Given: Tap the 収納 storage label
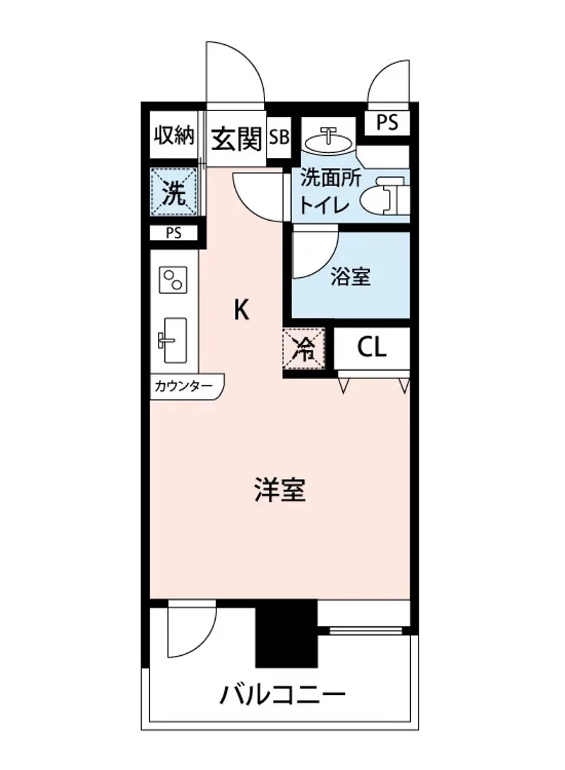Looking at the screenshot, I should tap(174, 135).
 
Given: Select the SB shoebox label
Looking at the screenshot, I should tap(279, 137).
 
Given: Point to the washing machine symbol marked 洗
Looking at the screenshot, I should tap(174, 192).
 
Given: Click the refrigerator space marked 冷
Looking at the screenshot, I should tap(304, 350).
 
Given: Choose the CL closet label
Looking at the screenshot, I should tap(372, 348).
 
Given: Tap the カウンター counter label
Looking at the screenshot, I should tap(182, 387).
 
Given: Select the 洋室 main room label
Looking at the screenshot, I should tap(279, 491).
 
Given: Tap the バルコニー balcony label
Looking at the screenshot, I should tap(283, 694).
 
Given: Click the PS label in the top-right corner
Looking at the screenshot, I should tap(387, 122).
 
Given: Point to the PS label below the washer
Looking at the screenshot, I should tap(173, 233).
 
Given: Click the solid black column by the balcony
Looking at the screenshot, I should tap(286, 633).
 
